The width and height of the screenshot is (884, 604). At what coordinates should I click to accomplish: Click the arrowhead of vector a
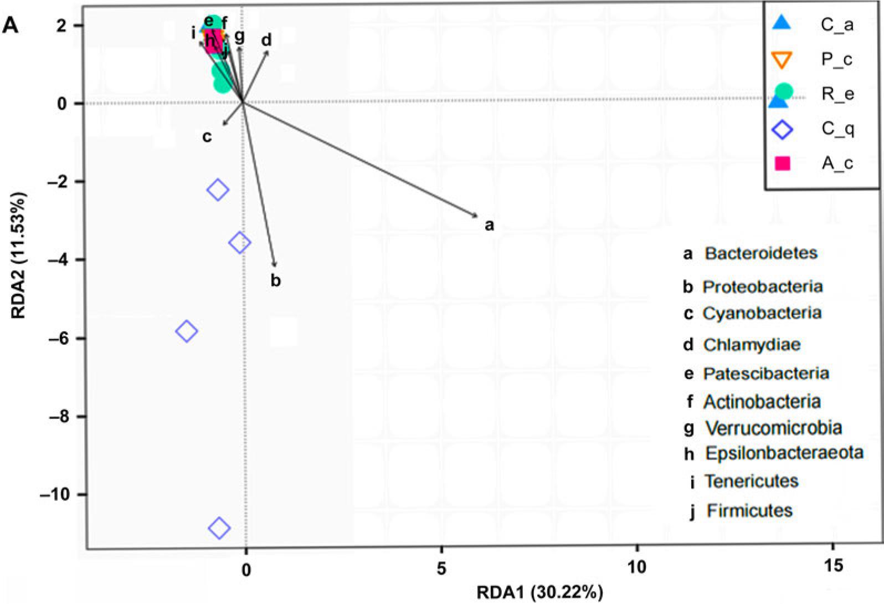coord(477,216)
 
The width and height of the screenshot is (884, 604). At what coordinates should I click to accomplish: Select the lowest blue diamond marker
coord(219,528)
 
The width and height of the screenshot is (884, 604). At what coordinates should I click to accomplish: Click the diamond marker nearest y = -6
coord(187,331)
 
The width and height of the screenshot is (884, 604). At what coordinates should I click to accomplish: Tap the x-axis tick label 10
coord(637,567)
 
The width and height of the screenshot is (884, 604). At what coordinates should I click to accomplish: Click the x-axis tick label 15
coord(833,566)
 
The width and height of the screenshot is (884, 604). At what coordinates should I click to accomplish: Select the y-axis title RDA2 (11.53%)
coord(18,255)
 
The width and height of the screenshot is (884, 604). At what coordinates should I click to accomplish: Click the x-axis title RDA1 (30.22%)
coord(540,593)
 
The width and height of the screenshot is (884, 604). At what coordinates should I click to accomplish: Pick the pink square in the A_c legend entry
coord(782,163)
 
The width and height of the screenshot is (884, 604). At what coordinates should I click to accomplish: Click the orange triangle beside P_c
coord(782,61)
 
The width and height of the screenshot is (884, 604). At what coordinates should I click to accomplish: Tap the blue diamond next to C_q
coord(782,130)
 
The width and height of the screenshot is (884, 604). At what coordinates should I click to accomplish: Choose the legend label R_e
coord(838,94)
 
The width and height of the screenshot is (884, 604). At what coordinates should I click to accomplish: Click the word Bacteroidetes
coord(761,253)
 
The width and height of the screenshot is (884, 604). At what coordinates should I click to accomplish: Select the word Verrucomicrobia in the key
coord(773,428)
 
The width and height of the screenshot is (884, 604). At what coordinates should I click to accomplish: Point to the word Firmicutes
coord(749,510)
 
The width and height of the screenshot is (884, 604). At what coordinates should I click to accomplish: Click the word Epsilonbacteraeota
coord(784,453)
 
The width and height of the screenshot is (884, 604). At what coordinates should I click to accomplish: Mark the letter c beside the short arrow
coord(207,137)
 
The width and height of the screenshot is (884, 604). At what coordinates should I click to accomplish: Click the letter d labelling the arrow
coord(267,40)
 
